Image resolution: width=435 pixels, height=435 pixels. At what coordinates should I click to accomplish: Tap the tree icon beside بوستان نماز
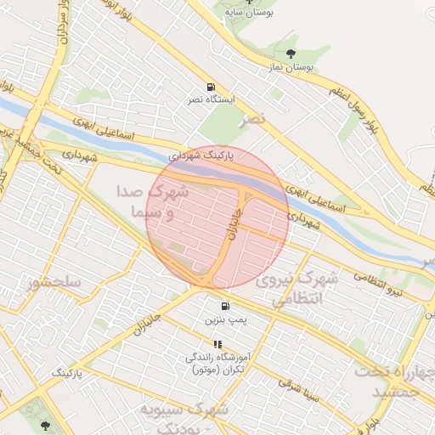point(291,54)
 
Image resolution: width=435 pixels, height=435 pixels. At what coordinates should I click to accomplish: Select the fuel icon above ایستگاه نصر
point(211,88)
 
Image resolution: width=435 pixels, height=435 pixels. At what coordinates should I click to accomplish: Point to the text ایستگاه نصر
point(208,100)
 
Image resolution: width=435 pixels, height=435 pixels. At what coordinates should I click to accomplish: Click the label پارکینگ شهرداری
point(201,155)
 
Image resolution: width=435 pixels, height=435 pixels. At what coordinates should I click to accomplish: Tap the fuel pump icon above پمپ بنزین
point(225,307)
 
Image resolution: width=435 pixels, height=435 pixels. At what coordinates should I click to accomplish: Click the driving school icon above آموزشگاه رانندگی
point(217,344)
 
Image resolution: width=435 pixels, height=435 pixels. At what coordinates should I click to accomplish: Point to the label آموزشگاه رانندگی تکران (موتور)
point(215,364)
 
